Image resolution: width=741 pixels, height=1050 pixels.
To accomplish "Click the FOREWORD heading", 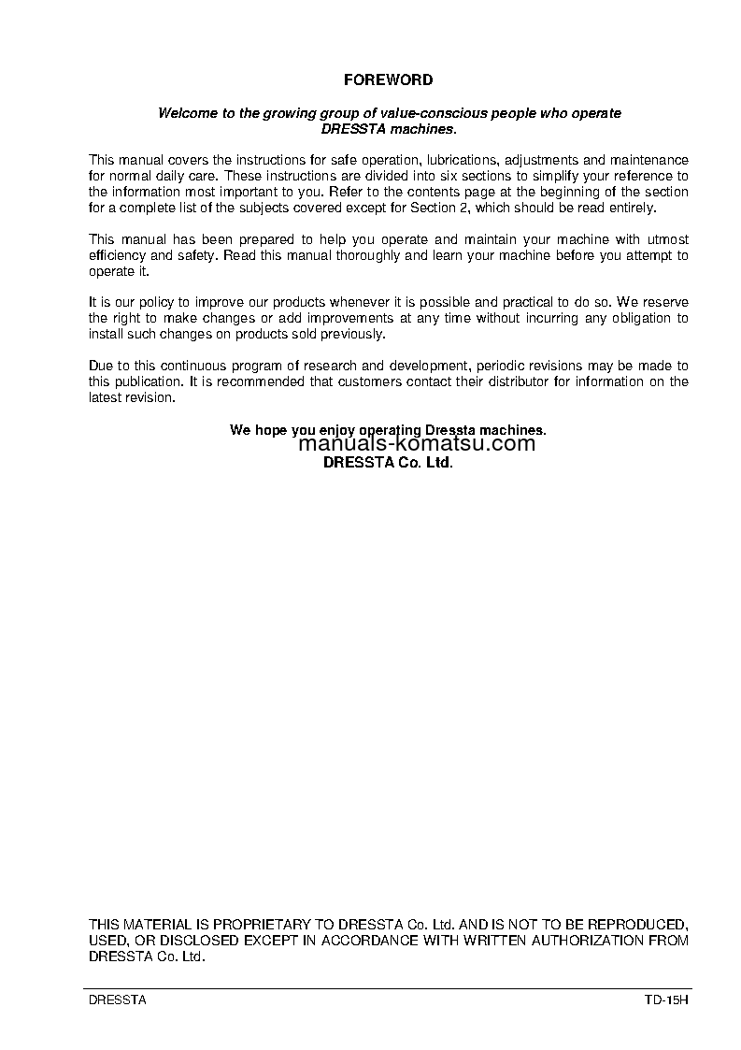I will [388, 80].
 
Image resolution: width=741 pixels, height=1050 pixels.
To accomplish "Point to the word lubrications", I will [462, 161].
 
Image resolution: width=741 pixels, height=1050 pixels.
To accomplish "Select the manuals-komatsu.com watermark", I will [417, 444].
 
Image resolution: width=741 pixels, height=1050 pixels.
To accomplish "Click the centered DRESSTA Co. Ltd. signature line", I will [388, 462].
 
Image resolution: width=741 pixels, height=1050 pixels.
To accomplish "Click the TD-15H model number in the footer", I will [665, 1000].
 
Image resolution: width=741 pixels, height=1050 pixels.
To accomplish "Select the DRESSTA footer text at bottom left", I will [117, 1000].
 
